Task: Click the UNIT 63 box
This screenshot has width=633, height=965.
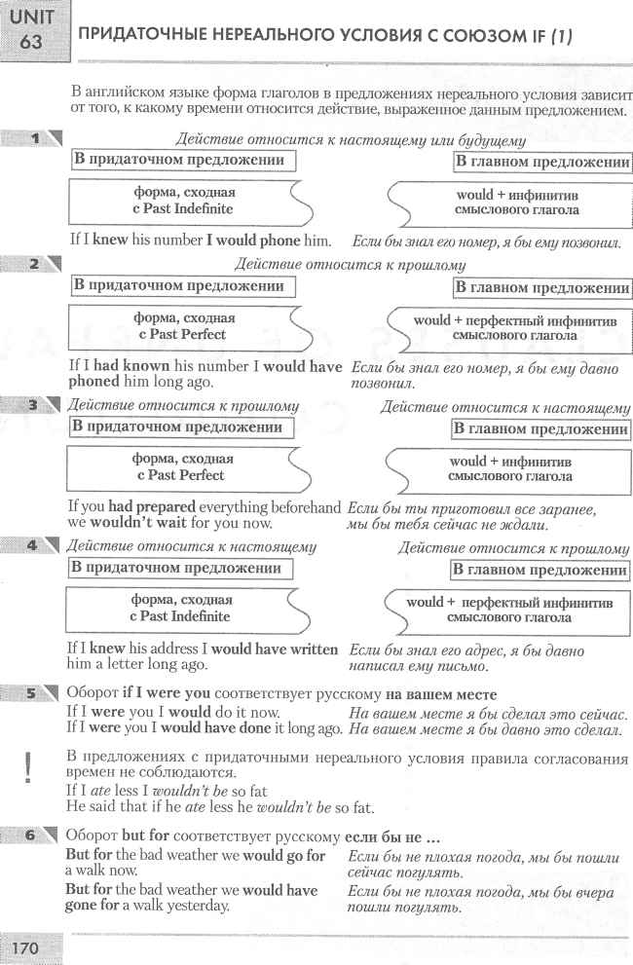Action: (33, 28)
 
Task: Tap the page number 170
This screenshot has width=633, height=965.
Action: (29, 946)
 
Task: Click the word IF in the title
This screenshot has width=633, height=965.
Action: (531, 36)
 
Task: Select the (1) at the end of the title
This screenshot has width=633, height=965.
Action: (560, 36)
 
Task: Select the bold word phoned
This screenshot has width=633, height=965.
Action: (93, 382)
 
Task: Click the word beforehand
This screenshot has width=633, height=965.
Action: (303, 507)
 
